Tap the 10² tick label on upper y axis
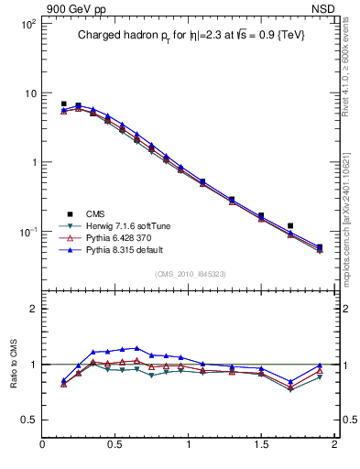27,25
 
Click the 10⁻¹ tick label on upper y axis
27,232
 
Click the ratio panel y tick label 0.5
27,420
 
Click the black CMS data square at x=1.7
290,225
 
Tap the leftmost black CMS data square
63,104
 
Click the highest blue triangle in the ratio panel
136,348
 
